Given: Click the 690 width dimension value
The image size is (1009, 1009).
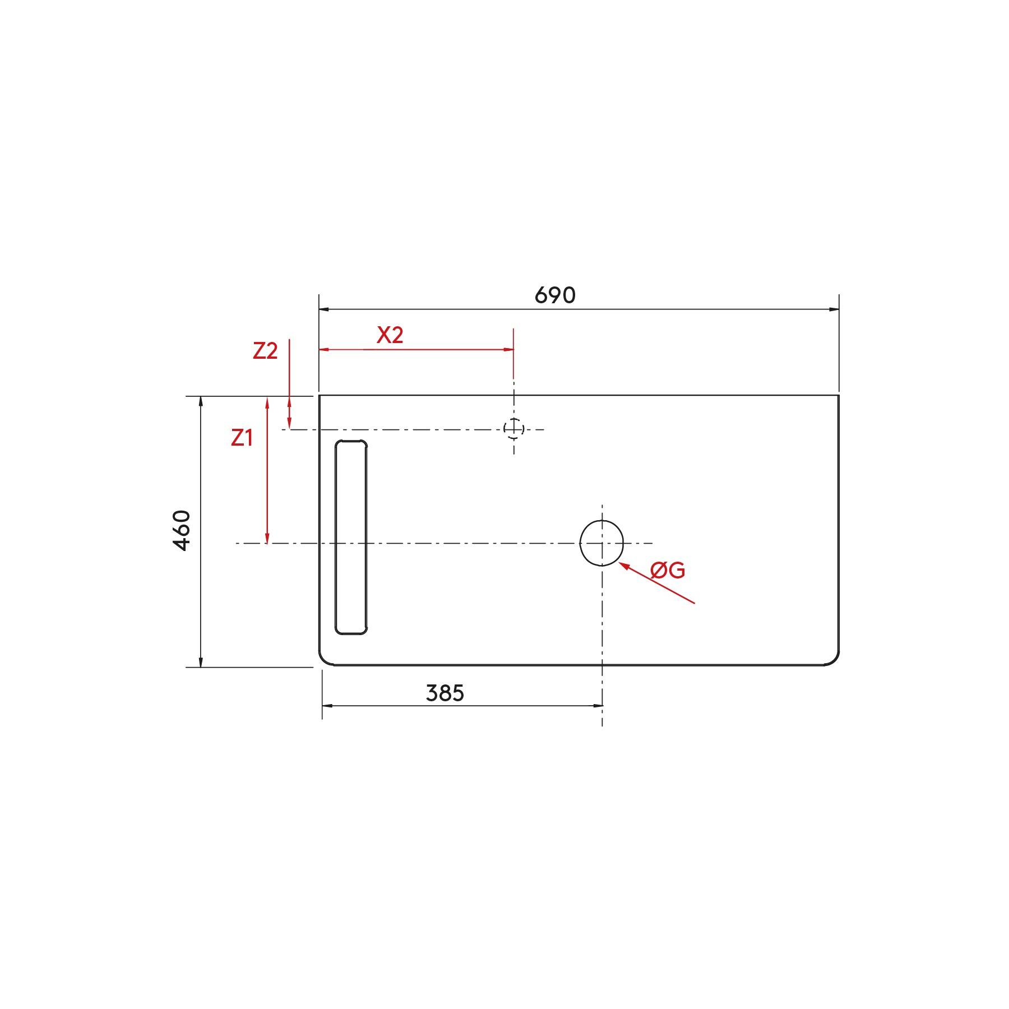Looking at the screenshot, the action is (555, 295).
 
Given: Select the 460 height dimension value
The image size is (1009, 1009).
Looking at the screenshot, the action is (182, 530).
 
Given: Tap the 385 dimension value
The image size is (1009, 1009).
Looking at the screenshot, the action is (445, 693).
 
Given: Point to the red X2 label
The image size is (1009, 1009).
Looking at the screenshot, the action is (390, 335).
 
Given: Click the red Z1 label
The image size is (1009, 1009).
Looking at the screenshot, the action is (242, 438).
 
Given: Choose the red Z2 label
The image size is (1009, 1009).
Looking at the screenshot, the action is (265, 351).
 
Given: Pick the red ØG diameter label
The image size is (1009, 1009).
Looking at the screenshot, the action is (668, 571).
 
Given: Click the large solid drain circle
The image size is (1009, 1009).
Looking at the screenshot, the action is (581, 543).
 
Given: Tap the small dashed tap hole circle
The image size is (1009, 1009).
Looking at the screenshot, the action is (504, 429).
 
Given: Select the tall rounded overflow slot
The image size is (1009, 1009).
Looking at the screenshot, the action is (336, 538).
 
